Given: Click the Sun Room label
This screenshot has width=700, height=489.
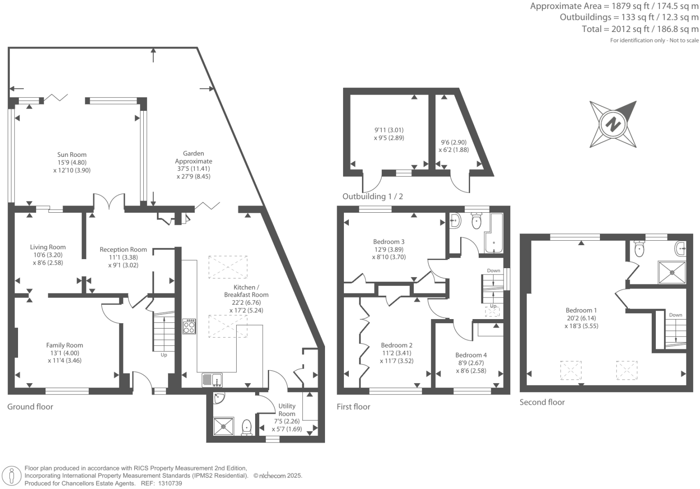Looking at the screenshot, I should tap(72, 155).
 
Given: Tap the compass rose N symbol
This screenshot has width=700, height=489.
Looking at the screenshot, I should tap(613, 124).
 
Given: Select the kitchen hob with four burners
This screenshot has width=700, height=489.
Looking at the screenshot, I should tap(189, 326).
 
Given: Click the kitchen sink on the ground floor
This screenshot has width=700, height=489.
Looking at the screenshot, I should tap(212, 380).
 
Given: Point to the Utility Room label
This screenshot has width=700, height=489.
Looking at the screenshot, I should tap(287, 410).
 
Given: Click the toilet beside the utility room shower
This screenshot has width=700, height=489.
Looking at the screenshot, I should tap(247, 427).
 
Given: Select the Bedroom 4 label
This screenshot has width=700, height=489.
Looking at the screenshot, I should tap(471, 355).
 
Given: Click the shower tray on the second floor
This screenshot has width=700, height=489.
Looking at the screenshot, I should tap(672, 272).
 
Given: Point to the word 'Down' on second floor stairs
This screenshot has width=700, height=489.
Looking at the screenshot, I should tap(675, 315).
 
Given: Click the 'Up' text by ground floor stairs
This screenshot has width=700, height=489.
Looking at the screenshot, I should tap(164, 355).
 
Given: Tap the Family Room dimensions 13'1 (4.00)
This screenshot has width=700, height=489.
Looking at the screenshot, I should tap(64, 353).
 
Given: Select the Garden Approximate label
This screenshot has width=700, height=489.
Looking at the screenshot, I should tap(193, 157).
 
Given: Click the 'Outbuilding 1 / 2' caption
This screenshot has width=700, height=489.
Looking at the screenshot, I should tap(372, 197).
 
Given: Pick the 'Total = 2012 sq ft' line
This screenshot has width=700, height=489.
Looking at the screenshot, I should tap(640, 29).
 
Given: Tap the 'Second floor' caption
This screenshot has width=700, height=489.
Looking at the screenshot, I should tap(542, 402).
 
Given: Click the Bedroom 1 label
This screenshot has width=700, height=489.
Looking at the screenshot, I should tap(581, 310).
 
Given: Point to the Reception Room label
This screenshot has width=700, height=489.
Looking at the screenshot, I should tap(123, 250).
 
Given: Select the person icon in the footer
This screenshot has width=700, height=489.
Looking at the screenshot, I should tap(12, 475).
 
